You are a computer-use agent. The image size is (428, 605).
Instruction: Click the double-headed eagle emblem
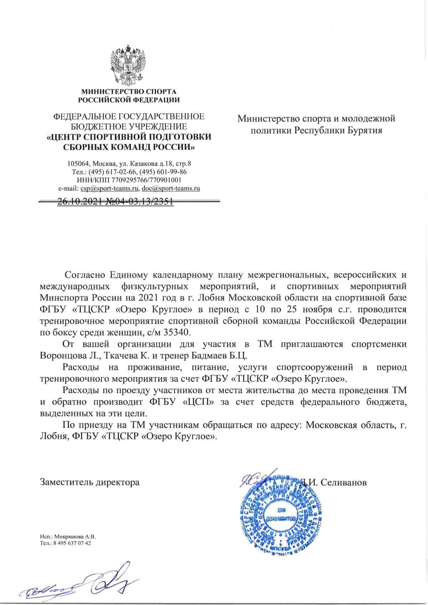129,65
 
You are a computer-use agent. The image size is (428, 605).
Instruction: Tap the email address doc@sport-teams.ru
170,189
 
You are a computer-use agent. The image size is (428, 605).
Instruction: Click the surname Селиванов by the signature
343,482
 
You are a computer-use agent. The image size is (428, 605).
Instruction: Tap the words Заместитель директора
90,483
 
